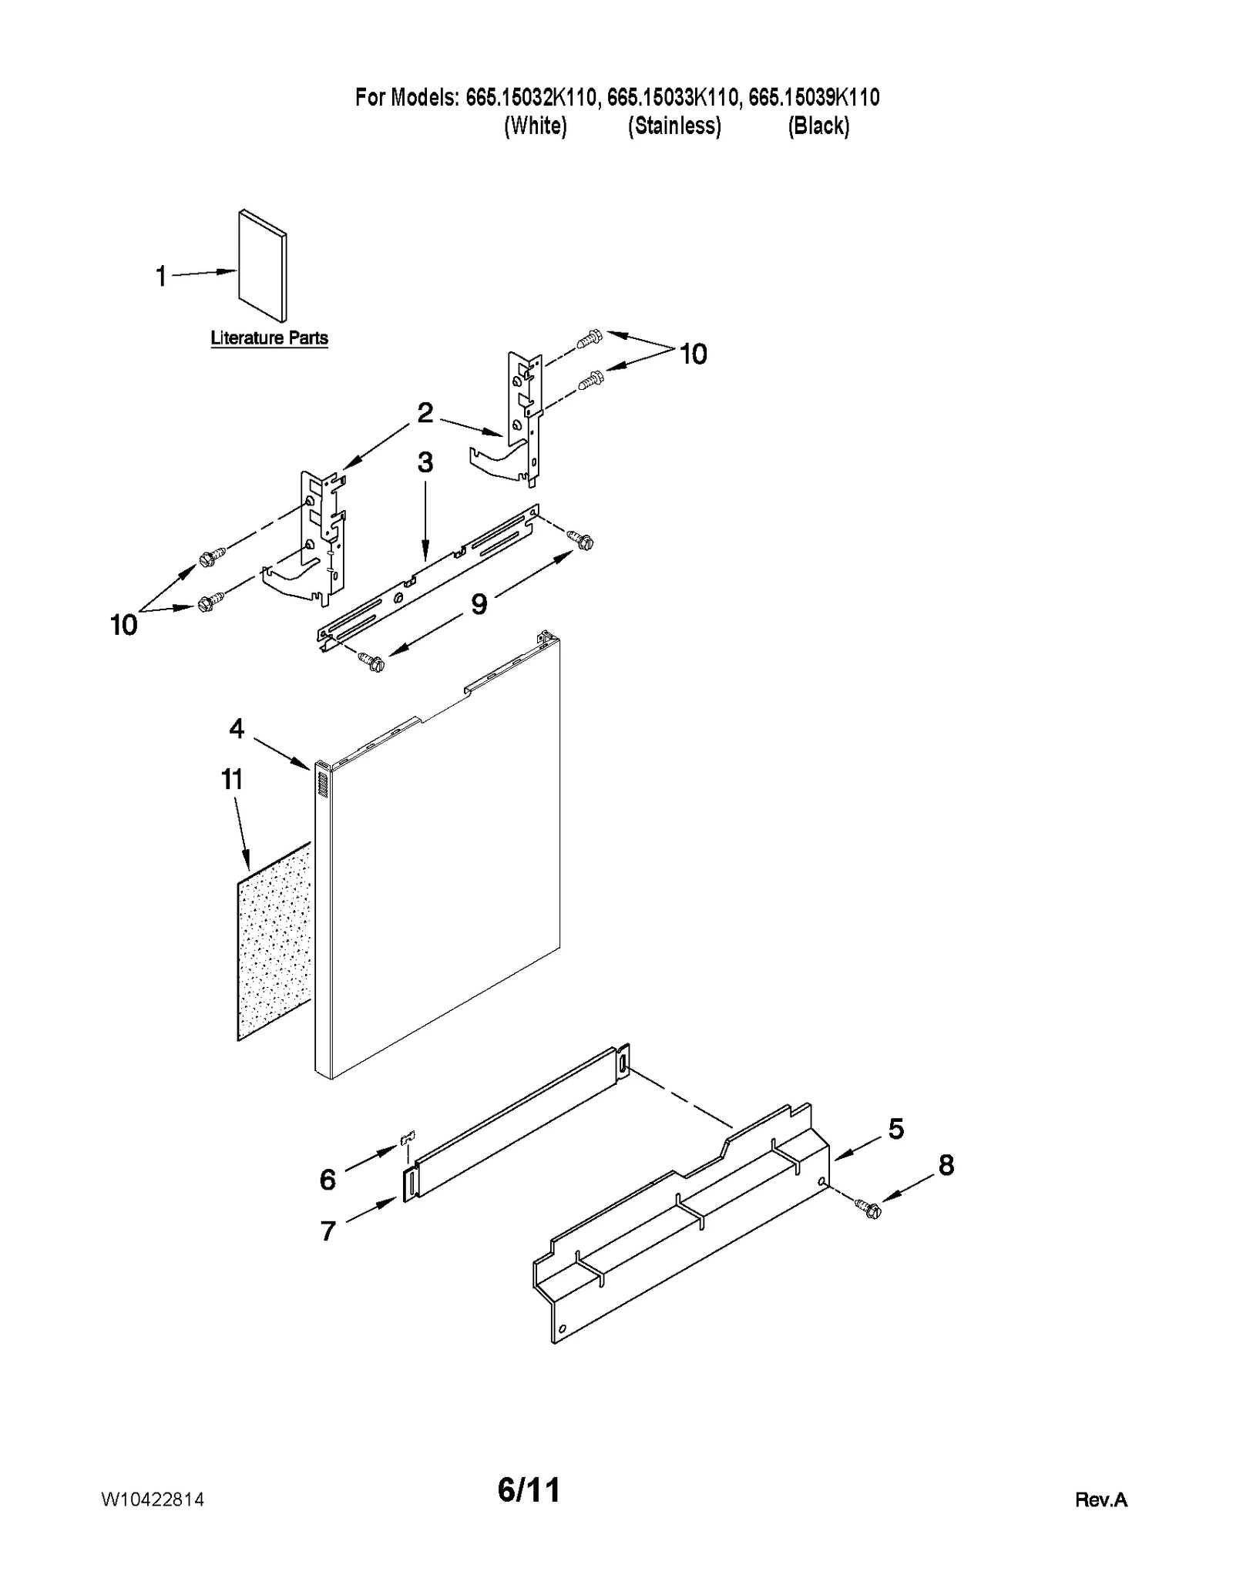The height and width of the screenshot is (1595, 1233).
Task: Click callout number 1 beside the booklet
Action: coord(161,276)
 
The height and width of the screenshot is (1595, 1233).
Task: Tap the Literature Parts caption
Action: coord(269,337)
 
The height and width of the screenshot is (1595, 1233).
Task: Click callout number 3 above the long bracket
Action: coord(425,462)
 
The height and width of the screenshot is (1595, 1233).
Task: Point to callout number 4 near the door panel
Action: coord(237,728)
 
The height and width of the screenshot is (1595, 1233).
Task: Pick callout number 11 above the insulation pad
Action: coord(232,779)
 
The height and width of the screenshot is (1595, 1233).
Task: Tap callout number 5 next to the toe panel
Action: coord(895,1129)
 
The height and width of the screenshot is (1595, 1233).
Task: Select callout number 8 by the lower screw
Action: coord(946,1165)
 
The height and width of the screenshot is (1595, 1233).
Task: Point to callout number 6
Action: coord(328,1179)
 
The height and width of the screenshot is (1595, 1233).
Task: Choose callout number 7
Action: coord(328,1231)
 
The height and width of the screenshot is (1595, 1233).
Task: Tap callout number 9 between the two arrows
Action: coord(479,604)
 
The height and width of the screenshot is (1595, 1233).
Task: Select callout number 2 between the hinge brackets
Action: coord(425,412)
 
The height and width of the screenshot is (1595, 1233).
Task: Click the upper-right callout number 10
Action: coord(692,354)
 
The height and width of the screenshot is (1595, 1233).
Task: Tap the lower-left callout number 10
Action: coord(123,625)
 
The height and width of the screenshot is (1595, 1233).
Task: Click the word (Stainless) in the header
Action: coord(674,126)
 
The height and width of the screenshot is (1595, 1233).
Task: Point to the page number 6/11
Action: coord(529,1489)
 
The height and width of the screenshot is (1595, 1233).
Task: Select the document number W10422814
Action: coord(153,1499)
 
